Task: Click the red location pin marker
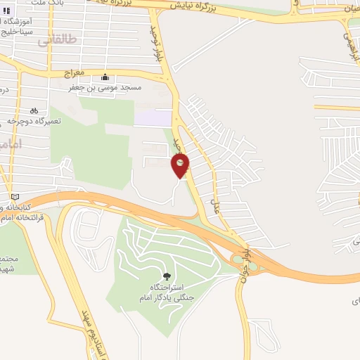point(181,165)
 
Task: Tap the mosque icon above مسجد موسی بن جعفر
point(105,77)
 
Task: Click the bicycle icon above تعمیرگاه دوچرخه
point(34,110)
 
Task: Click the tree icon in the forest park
point(166,276)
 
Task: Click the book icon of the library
point(15,196)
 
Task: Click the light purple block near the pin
point(153,117)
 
